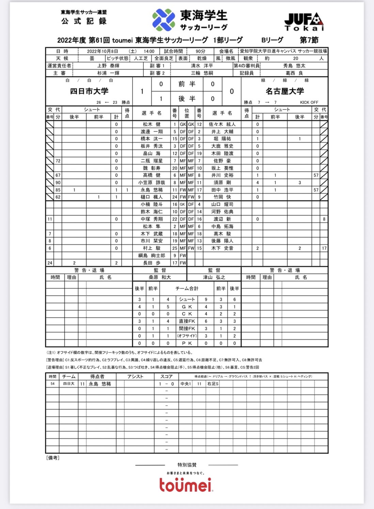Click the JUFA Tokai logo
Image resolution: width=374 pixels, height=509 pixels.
coord(304,22)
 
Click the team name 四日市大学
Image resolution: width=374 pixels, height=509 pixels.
coord(89,91)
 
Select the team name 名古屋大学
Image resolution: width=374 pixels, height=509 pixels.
coord(285,91)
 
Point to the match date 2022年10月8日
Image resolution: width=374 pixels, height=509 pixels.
coord(102,51)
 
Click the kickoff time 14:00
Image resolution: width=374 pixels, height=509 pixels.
coord(149,51)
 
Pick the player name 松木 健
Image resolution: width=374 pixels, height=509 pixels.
coord(152,125)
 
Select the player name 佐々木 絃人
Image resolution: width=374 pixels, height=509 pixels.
coord(222,125)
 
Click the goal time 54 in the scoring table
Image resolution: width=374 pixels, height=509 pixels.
coord(52,384)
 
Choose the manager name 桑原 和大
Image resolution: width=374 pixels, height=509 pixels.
coord(160,277)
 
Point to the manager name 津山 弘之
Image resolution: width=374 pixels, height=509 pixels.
coord(214,277)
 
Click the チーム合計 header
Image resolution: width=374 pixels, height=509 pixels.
coord(187,289)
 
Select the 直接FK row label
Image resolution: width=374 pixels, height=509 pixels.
coord(187,321)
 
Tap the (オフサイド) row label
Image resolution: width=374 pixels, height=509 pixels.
coord(187,336)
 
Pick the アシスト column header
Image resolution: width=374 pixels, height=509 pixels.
coord(135,376)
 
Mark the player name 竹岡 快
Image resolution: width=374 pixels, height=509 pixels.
coord(222,197)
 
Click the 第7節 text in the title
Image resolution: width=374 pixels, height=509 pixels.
coord(309,40)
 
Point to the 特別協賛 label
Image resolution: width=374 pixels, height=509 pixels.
coord(187,465)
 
